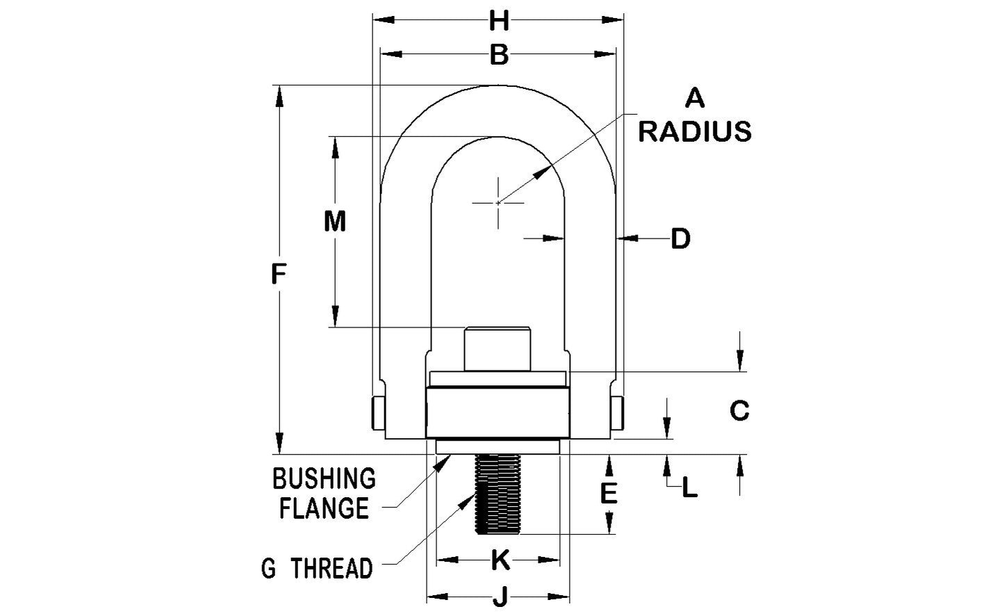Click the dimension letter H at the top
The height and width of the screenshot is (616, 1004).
point(498,22)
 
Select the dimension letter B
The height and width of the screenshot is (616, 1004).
point(498,55)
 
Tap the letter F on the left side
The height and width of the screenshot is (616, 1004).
point(279,275)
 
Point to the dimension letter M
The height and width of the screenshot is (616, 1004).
point(335,222)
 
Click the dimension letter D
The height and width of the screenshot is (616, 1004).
point(680,239)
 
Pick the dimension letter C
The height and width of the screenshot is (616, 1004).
point(739,411)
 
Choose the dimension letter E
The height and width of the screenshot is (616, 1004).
point(609,494)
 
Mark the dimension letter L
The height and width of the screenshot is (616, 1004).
point(689,488)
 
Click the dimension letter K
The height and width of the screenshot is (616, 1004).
point(499,560)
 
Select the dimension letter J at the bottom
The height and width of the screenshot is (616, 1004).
point(499,597)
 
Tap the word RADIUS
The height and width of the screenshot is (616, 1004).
point(695,131)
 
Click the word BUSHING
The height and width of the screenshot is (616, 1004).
point(324,479)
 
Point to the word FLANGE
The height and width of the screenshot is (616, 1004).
point(324,509)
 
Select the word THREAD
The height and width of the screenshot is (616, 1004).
point(332,569)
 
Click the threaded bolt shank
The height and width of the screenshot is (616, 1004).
point(498,494)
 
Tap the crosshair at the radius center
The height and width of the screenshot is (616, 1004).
point(498,202)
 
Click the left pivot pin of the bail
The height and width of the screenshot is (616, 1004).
point(376,413)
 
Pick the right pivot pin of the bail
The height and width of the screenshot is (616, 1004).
point(618,413)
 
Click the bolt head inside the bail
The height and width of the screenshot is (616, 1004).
point(497,348)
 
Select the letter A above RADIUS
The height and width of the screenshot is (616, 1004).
point(695,99)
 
